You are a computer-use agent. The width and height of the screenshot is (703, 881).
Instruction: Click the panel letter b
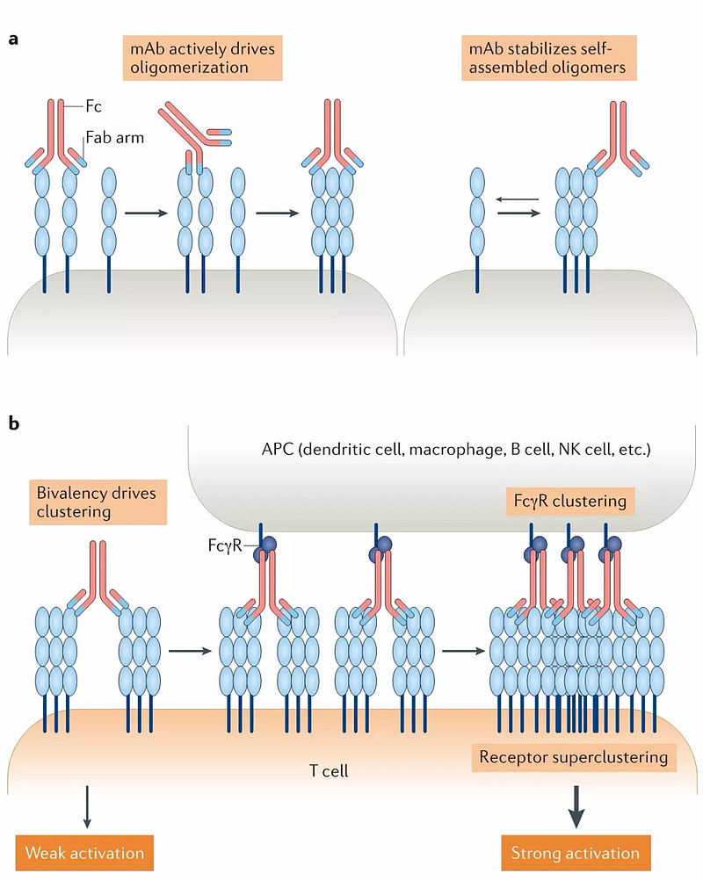(x=14, y=425)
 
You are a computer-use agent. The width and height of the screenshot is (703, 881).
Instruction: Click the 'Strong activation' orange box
(x=576, y=853)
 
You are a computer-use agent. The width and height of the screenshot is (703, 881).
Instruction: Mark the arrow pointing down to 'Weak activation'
(x=87, y=806)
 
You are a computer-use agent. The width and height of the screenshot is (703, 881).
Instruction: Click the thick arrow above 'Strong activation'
(x=576, y=806)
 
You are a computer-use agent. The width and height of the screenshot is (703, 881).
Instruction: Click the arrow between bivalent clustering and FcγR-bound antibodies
(x=189, y=651)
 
